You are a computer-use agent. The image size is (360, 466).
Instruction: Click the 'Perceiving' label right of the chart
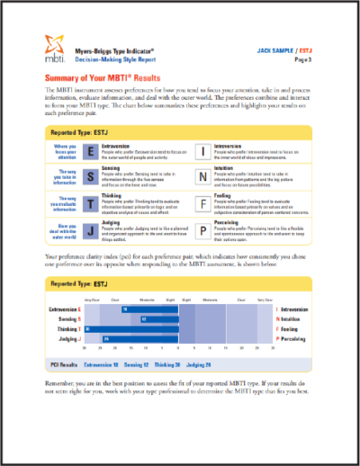click(x=292, y=338)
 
